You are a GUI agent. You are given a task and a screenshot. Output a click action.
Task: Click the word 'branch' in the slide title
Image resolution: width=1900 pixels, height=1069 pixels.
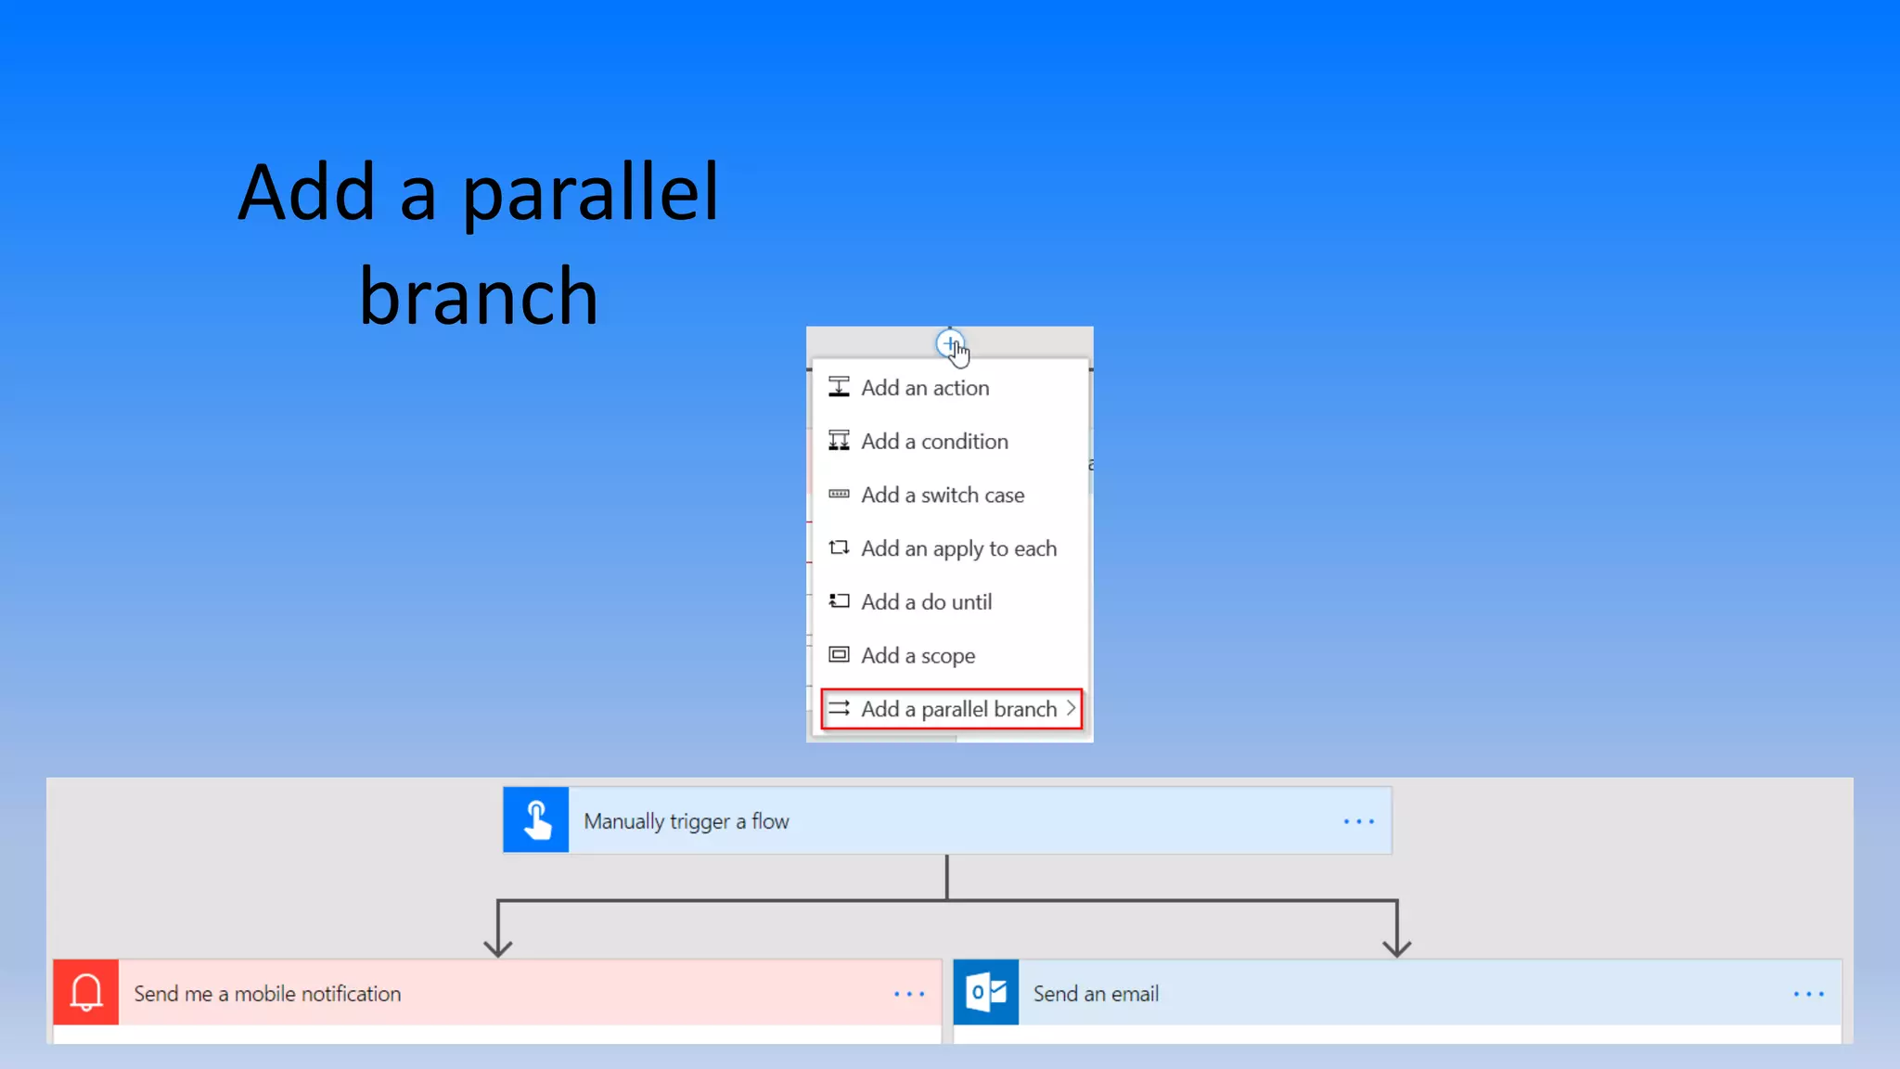(x=479, y=297)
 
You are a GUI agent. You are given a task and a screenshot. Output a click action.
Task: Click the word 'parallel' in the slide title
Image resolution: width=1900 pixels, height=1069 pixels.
(x=590, y=193)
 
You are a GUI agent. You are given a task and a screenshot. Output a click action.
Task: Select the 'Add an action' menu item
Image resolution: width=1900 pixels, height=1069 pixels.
(x=925, y=388)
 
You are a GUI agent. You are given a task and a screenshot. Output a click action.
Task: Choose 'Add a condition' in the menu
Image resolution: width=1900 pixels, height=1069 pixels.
(x=934, y=442)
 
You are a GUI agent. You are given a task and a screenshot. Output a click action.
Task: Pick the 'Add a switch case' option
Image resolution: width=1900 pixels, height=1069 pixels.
(x=943, y=496)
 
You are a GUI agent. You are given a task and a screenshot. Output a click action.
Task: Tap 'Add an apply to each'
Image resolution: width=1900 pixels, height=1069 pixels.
(x=958, y=549)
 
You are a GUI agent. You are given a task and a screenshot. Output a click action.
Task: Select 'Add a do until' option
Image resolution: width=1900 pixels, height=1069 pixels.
(x=926, y=602)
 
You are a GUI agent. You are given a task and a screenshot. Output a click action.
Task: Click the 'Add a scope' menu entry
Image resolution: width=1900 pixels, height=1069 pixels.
(x=918, y=656)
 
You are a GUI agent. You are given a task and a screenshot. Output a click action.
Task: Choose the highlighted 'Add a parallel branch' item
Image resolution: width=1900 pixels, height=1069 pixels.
(x=958, y=710)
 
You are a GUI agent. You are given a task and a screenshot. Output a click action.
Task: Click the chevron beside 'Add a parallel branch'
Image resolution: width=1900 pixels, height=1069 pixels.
(x=1071, y=709)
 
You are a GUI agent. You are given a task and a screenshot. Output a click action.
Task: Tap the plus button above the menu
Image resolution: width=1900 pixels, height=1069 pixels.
(x=949, y=344)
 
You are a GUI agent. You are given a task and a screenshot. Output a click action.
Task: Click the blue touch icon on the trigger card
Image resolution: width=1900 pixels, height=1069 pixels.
(x=536, y=820)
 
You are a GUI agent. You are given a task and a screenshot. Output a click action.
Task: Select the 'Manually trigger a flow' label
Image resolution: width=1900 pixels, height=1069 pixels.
(x=687, y=822)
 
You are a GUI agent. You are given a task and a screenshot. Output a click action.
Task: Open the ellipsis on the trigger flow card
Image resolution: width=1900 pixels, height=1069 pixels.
(x=1359, y=822)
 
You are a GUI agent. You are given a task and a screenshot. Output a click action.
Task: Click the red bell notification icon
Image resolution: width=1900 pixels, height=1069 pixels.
(x=86, y=993)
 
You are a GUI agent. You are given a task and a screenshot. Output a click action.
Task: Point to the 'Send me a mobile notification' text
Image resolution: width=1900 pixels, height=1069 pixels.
(x=267, y=994)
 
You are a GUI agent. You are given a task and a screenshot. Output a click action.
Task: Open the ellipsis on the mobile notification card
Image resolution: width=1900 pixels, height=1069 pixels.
(x=909, y=994)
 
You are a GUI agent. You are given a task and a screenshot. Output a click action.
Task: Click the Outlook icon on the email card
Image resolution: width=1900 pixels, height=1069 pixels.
(x=986, y=993)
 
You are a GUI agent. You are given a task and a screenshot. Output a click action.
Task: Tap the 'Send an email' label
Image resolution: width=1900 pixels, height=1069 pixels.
(x=1096, y=994)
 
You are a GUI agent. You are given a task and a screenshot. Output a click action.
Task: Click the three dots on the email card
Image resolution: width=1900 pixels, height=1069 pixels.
(x=1809, y=994)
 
